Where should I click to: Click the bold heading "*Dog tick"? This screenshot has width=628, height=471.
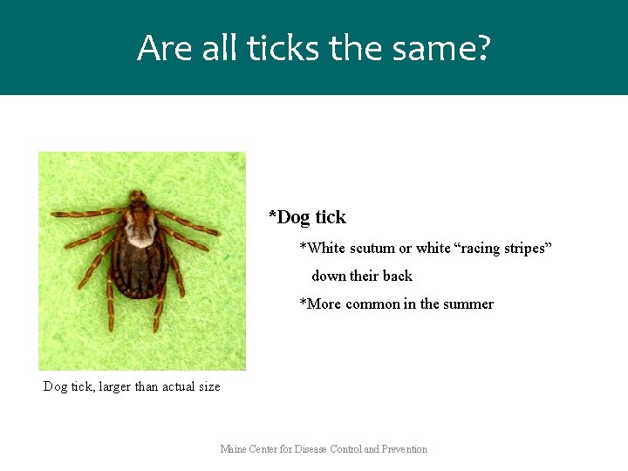307,217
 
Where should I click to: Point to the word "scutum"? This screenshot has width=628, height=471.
372,249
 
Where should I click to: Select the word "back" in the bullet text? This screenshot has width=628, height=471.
397,276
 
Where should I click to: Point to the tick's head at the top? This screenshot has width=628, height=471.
137,196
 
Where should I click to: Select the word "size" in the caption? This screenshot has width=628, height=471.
208,386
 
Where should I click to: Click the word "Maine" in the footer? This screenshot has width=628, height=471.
234,449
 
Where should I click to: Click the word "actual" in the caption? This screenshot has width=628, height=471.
177,386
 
